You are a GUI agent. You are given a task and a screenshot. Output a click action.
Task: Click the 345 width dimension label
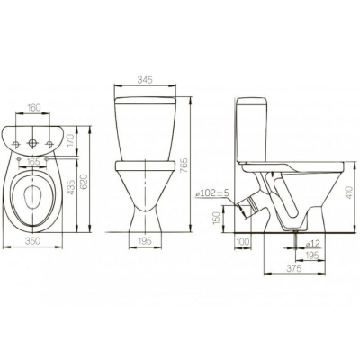click(x=145, y=80)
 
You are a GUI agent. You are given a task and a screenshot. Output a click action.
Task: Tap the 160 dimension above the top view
click(x=33, y=108)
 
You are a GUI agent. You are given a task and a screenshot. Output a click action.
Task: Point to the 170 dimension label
click(x=70, y=141)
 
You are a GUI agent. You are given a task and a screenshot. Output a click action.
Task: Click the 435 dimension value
click(x=71, y=188)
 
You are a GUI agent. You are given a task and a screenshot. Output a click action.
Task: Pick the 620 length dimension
click(x=85, y=182)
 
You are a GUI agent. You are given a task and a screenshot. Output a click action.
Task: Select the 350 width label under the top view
click(x=32, y=241)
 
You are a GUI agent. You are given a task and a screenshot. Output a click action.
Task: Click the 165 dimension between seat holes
click(x=32, y=162)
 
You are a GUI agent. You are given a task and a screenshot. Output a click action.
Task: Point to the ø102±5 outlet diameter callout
click(x=212, y=193)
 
